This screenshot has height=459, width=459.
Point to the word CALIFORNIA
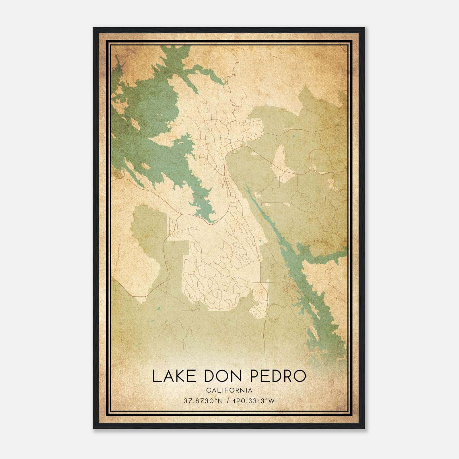(x=229, y=390)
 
